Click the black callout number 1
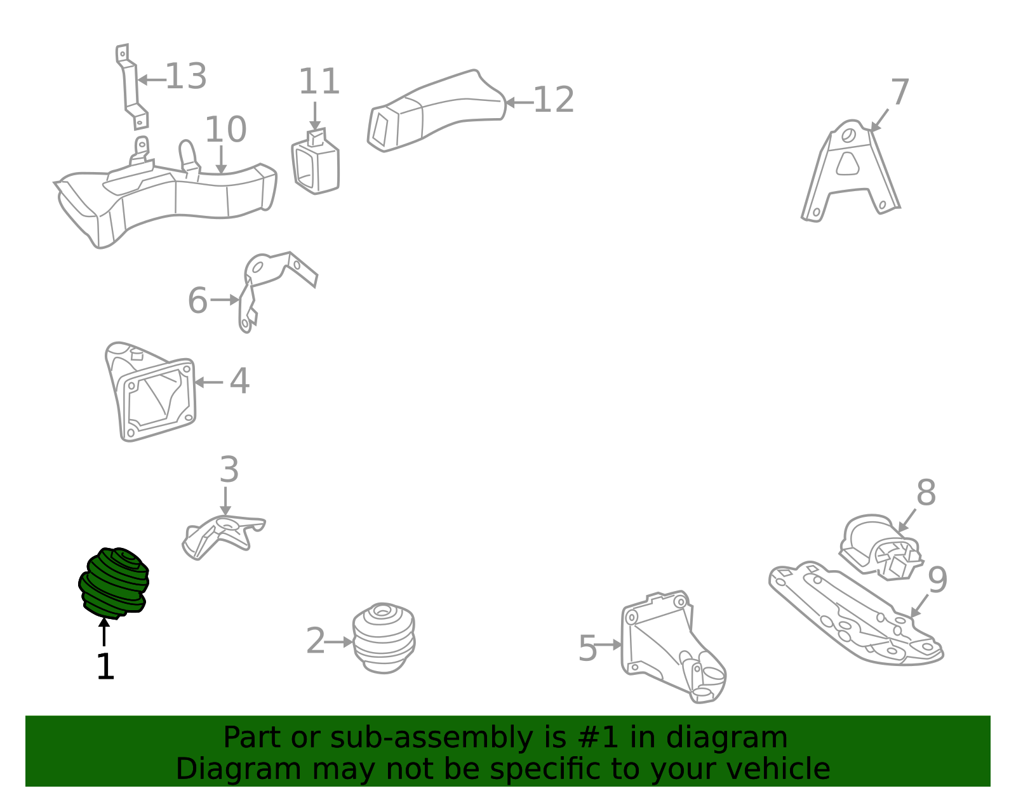[105, 667]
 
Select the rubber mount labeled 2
[384, 638]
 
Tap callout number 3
[229, 470]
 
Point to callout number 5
[587, 649]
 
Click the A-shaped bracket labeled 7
[851, 168]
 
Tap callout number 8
[926, 493]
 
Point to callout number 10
[225, 130]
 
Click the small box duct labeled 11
[316, 164]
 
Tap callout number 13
[185, 77]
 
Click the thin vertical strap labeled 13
[131, 86]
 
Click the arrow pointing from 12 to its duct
[518, 102]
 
